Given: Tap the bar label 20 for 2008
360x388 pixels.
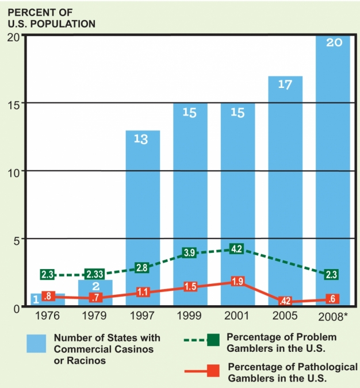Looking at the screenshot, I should (333, 43).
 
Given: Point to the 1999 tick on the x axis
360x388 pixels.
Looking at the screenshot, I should (190, 316).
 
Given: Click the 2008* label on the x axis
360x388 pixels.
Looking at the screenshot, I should (334, 316).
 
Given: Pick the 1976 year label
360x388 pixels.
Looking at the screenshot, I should (48, 316).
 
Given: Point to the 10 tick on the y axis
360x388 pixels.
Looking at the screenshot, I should (12, 171).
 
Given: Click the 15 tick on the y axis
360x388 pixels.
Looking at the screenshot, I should (12, 103).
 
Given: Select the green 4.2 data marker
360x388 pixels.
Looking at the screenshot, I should (236, 249).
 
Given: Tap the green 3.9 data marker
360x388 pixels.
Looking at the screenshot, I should (190, 253).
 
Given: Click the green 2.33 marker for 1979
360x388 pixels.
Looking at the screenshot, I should (94, 275).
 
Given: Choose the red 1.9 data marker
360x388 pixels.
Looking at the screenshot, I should (236, 282).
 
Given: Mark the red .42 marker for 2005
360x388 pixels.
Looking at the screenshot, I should (285, 301).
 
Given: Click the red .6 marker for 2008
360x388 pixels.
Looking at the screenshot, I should (331, 299).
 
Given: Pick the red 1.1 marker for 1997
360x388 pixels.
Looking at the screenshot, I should (143, 292).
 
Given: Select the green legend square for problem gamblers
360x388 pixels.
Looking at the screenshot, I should (215, 339).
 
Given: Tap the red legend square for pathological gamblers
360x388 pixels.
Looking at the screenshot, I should (215, 372).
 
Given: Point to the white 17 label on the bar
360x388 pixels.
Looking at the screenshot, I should (285, 84).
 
